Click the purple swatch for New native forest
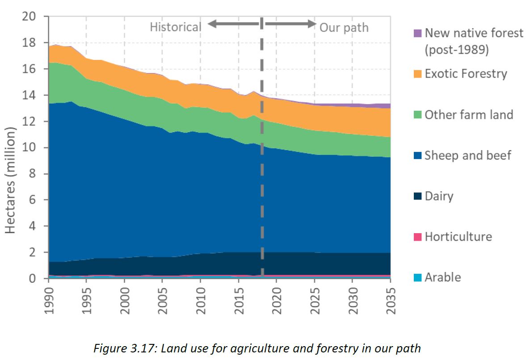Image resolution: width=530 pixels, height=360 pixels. [418, 33]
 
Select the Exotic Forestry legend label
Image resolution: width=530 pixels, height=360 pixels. [466, 74]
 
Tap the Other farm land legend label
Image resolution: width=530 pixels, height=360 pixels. [469, 115]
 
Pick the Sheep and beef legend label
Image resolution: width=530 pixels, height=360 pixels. [468, 155]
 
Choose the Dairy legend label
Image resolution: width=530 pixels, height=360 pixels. [439, 196]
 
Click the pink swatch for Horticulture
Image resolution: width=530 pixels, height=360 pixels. [418, 237]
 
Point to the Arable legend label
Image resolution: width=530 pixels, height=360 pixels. [442, 277]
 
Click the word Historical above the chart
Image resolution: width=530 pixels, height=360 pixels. [175, 27]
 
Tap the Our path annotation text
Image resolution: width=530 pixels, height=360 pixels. [344, 28]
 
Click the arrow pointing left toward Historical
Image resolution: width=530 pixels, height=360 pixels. [232, 24]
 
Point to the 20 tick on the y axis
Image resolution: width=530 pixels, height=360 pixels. [31, 17]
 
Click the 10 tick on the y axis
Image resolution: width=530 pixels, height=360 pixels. [31, 148]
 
